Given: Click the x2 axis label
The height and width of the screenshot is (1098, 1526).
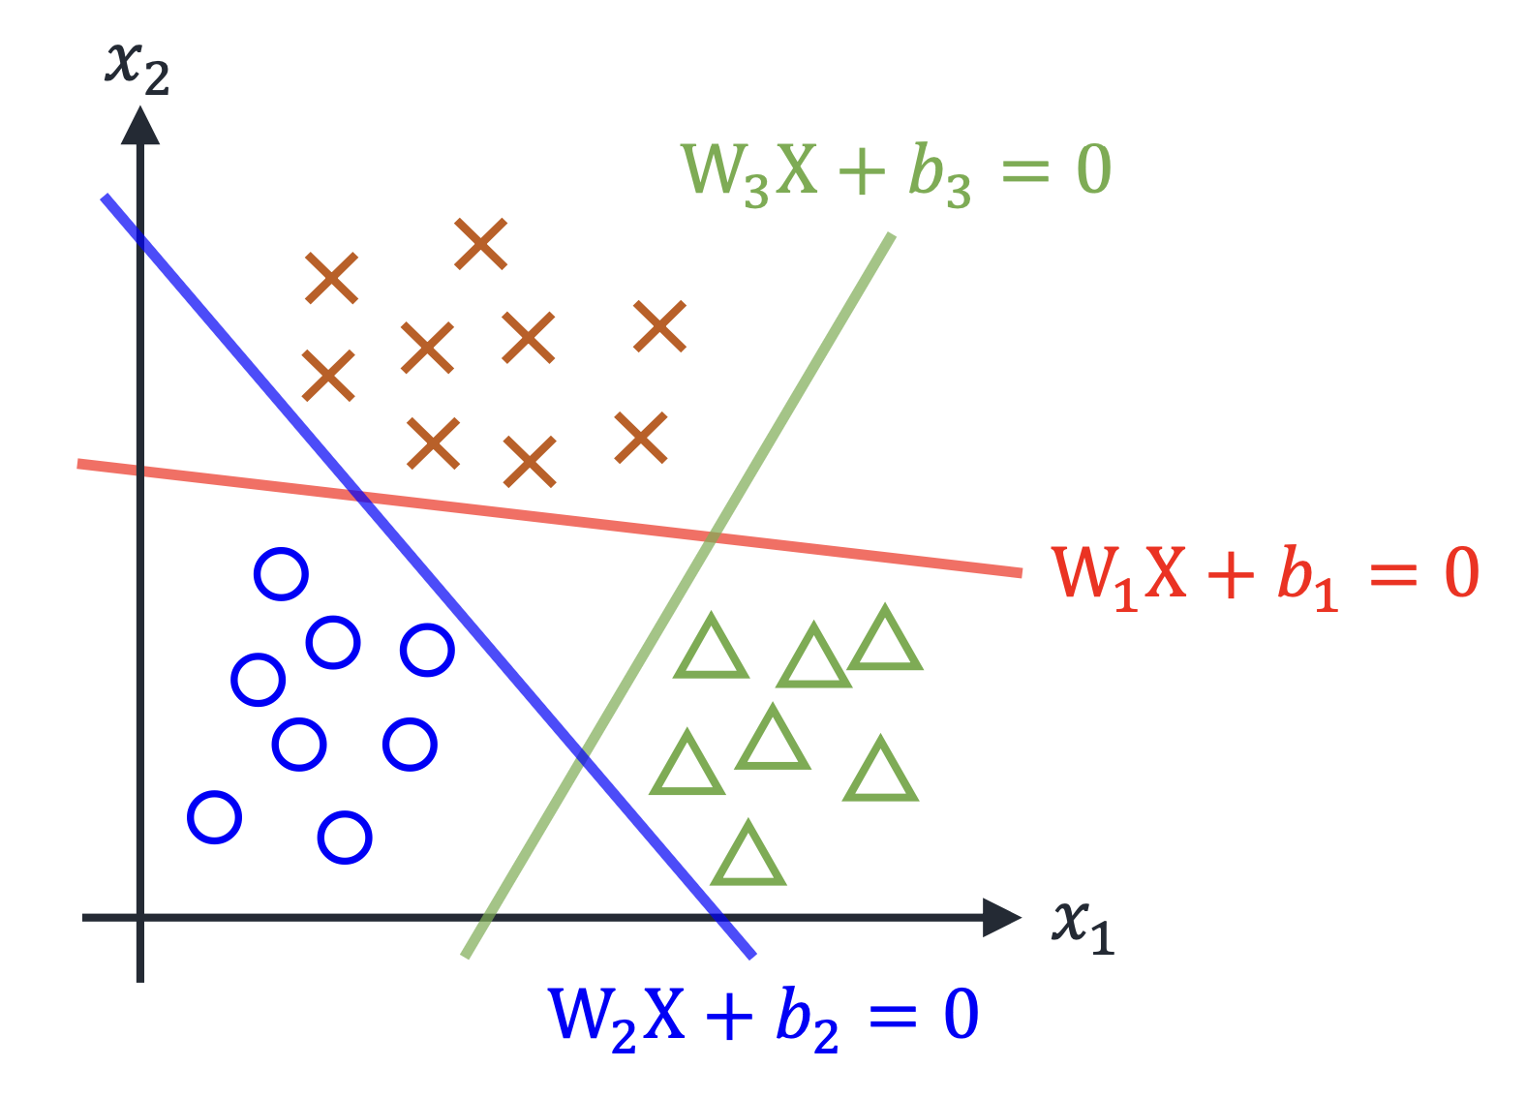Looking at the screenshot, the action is click(x=137, y=69).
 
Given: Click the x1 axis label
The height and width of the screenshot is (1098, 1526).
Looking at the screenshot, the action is click(x=1083, y=927).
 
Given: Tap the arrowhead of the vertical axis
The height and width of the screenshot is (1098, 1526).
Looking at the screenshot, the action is click(x=140, y=126).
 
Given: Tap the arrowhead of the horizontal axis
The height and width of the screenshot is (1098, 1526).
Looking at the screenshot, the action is click(x=1001, y=918).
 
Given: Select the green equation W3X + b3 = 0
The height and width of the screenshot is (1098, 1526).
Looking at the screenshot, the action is click(x=897, y=173).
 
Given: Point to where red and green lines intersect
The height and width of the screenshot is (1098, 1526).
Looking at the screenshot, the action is click(x=711, y=537).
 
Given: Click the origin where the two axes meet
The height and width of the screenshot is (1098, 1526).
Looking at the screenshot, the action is click(x=140, y=918).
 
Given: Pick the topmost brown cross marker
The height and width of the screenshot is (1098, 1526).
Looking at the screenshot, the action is click(x=481, y=244).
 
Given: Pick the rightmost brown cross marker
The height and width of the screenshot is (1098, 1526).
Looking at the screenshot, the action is click(x=659, y=326).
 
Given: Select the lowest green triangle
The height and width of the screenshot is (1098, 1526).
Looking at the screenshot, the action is click(x=748, y=857).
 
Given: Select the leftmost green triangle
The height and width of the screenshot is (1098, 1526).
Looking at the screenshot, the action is click(x=687, y=766).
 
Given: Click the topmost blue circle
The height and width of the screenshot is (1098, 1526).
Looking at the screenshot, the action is click(x=282, y=573).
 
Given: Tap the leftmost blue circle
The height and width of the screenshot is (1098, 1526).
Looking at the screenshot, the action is click(x=215, y=817).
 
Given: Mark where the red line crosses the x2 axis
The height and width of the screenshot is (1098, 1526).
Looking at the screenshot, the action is click(x=140, y=471).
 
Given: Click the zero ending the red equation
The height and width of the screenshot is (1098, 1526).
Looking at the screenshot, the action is click(x=1461, y=572).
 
